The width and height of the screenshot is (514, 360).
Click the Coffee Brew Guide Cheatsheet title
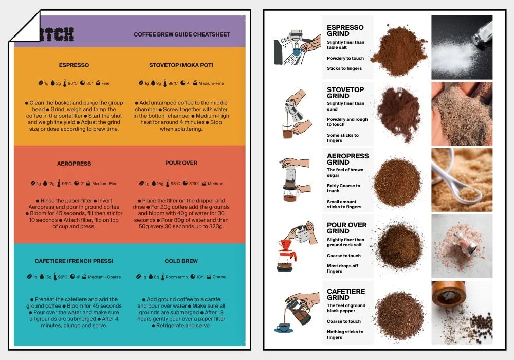click(x=182, y=34)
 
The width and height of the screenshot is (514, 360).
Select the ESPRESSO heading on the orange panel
click(x=74, y=65)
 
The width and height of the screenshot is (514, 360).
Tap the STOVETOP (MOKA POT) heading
click(x=181, y=65)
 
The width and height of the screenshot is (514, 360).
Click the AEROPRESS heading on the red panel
click(x=74, y=164)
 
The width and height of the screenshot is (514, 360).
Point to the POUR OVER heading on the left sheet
click(x=181, y=163)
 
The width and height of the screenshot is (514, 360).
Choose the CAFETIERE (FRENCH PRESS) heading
click(x=74, y=261)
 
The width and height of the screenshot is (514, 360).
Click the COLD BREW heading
click(x=181, y=261)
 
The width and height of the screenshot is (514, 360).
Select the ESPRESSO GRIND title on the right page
click(x=345, y=30)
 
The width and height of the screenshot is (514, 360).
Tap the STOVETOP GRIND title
click(x=345, y=93)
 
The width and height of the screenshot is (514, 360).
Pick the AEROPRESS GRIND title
click(x=347, y=159)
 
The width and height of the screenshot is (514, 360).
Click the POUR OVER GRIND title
click(x=346, y=228)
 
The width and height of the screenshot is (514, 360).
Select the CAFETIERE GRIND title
click(x=346, y=294)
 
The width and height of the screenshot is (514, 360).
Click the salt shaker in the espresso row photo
click(x=482, y=32)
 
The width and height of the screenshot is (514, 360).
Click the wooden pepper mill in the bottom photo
click(x=446, y=299)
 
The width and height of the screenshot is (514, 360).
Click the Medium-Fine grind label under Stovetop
click(x=211, y=83)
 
